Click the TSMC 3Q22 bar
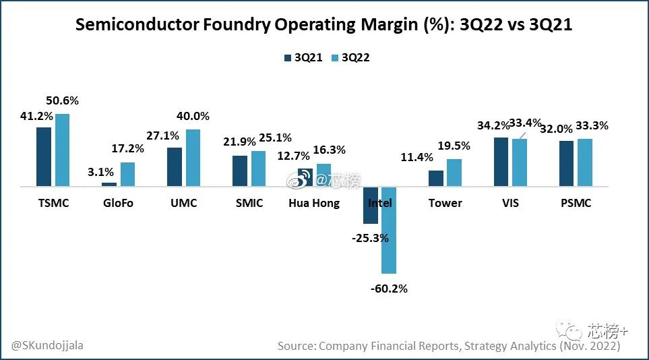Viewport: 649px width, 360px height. pos(62,150)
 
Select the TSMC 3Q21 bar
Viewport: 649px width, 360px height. pos(44,156)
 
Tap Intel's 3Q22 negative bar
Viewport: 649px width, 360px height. pos(389,230)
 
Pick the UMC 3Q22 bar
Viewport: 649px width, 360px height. pos(193,158)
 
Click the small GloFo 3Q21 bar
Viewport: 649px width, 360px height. pos(109,184)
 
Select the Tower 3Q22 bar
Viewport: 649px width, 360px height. pos(454,173)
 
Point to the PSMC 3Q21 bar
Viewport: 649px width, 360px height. pos(567,163)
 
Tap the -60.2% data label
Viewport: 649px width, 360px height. pos(389,289)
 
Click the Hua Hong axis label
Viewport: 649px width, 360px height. pos(314,203)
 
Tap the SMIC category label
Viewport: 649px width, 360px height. pos(249,203)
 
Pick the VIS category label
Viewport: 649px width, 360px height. pos(511,203)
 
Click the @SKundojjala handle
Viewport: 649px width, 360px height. pos(47,345)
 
